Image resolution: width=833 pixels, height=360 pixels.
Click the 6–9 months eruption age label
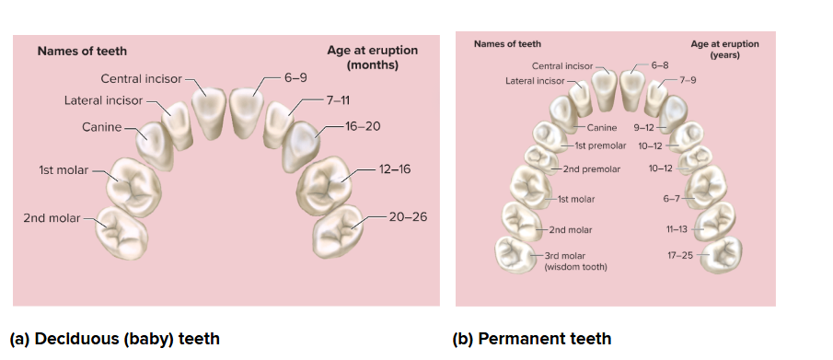click(295, 77)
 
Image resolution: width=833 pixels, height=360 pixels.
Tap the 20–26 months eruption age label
click(408, 217)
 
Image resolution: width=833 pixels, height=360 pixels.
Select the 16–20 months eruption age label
click(363, 126)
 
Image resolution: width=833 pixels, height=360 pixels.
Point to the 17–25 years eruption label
click(680, 255)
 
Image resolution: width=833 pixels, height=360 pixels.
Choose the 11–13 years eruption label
click(677, 230)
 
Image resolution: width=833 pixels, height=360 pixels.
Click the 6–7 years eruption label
click(671, 199)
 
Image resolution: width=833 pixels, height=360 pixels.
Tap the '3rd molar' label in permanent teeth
click(566, 256)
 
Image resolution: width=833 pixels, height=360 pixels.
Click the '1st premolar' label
click(600, 145)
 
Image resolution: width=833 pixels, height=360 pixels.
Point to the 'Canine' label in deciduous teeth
click(101, 127)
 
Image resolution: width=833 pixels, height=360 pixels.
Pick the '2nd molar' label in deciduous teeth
click(52, 218)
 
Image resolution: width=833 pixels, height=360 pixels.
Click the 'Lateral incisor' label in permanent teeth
click(535, 81)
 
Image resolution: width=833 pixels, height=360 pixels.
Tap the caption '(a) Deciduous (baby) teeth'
click(115, 339)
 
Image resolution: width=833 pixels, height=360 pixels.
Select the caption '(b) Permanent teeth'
click(532, 339)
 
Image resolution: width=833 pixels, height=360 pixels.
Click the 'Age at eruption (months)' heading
click(373, 57)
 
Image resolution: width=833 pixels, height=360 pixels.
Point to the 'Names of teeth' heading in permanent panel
click(507, 44)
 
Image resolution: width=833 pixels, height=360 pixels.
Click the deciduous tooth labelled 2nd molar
click(121, 233)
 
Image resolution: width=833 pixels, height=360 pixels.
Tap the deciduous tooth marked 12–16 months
click(325, 185)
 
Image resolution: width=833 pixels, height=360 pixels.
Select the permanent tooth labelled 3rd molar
click(514, 255)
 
